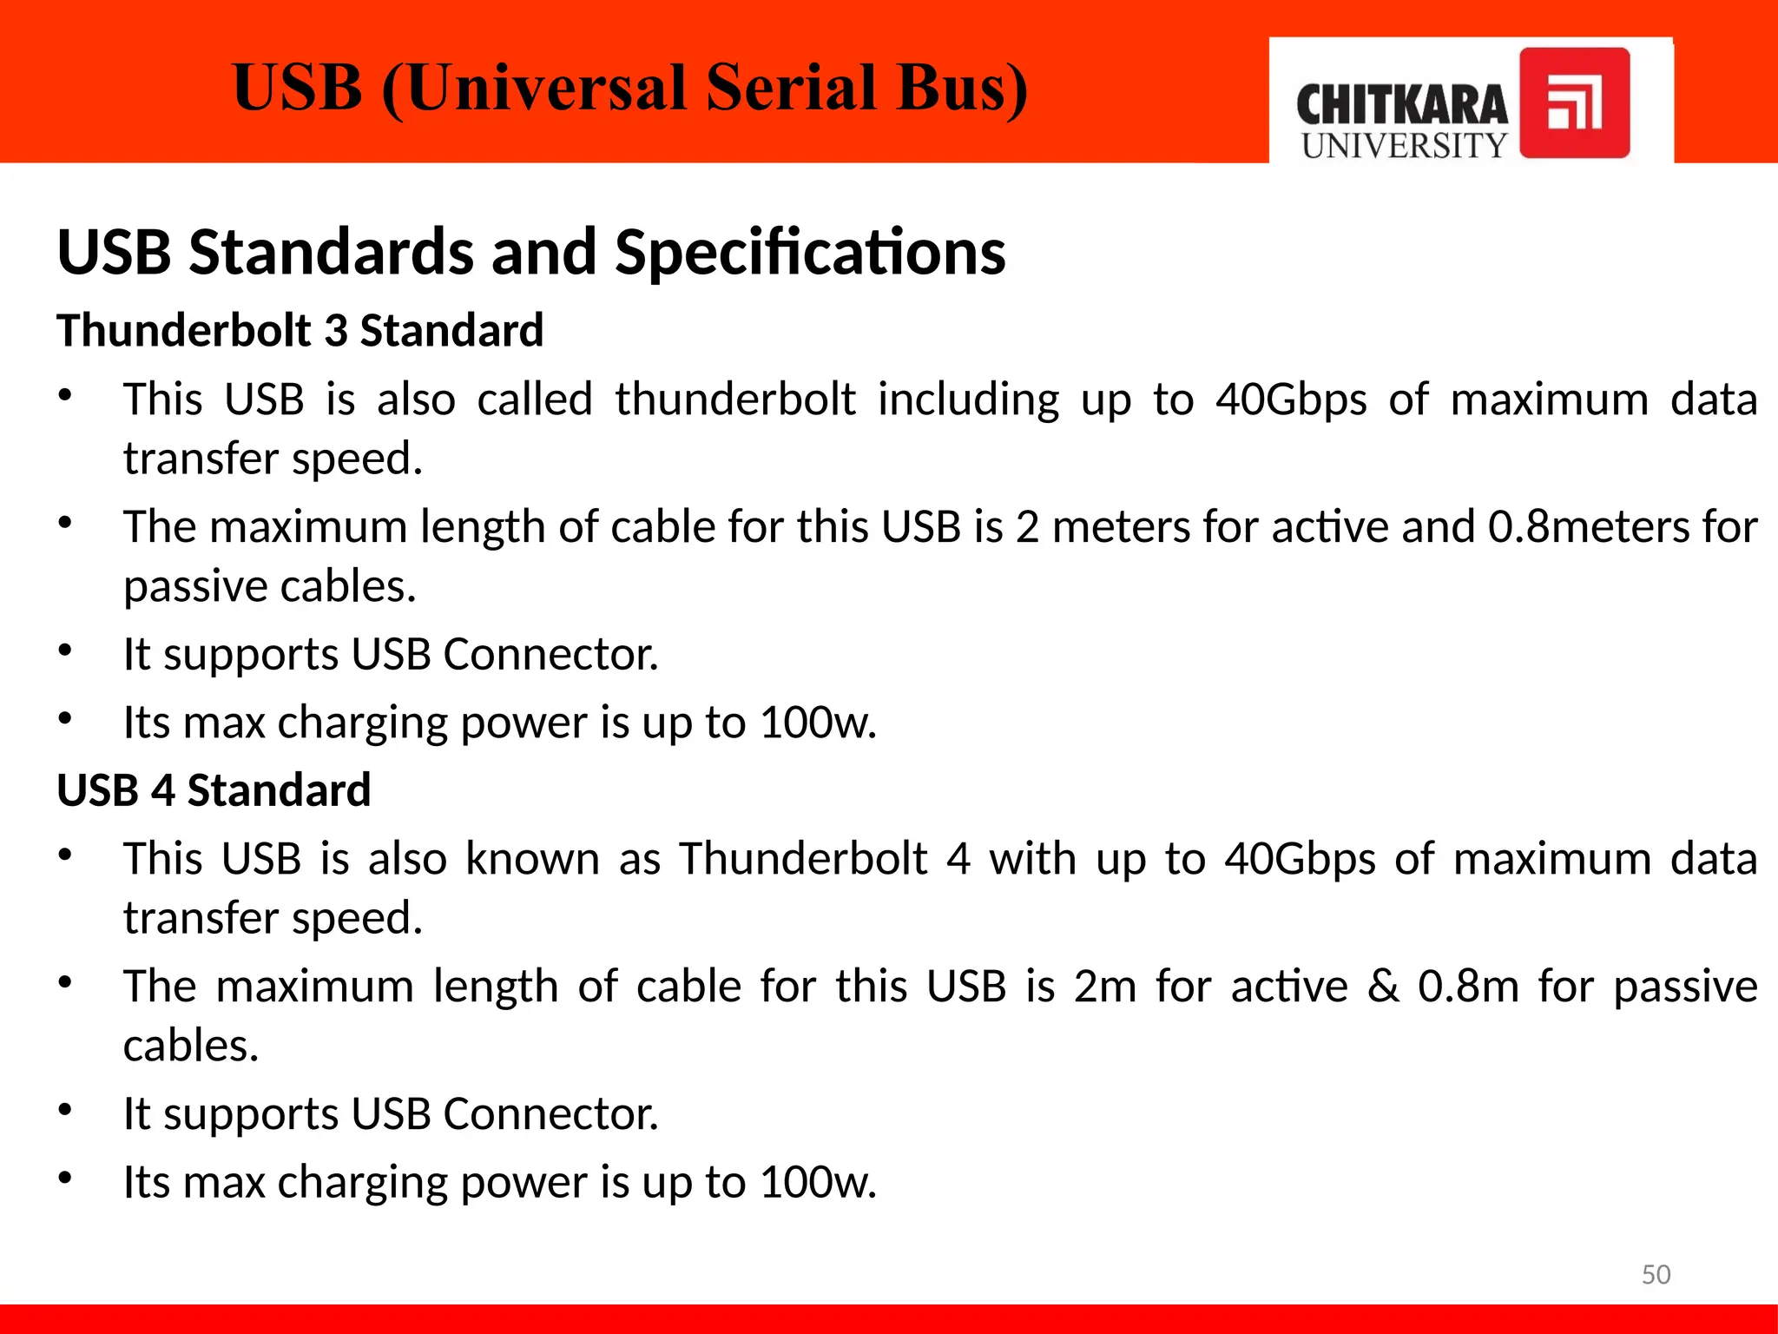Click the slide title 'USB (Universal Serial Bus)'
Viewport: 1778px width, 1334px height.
(630, 88)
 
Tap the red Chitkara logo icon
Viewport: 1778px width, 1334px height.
(1574, 102)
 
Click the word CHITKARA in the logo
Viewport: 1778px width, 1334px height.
(1402, 105)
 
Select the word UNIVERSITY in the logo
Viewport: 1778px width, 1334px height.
(1404, 146)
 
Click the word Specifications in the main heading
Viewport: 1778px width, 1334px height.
(810, 252)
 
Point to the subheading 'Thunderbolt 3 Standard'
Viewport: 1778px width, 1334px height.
(300, 330)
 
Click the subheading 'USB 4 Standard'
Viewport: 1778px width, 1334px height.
(214, 789)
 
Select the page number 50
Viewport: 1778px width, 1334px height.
(1656, 1274)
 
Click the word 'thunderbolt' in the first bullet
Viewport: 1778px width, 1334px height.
(735, 400)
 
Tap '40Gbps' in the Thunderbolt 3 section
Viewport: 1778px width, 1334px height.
(1290, 400)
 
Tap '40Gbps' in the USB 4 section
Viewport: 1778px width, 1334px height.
(1300, 859)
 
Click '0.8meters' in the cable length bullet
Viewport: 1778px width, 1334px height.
(1589, 526)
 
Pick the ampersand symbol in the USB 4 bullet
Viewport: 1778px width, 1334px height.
(1383, 986)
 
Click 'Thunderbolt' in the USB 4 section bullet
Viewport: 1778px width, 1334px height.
(803, 859)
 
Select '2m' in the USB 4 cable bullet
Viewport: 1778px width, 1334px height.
(1104, 986)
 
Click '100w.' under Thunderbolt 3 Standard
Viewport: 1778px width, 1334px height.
(818, 722)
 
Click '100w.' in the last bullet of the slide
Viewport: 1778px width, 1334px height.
(818, 1181)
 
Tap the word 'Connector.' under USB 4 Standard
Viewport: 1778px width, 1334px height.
(550, 1113)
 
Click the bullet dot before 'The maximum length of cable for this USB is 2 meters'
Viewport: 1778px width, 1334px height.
(65, 524)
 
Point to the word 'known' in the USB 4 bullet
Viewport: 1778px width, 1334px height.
(532, 859)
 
